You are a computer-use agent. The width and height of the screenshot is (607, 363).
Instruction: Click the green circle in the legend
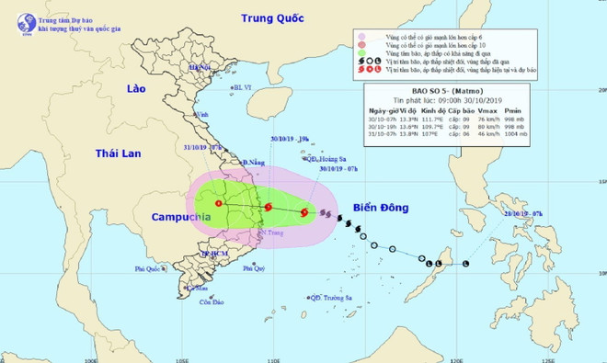click(x=361, y=53)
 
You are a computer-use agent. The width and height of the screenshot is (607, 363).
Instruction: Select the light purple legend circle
click(x=361, y=36)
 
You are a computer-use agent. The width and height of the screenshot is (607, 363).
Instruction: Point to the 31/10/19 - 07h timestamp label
click(x=203, y=146)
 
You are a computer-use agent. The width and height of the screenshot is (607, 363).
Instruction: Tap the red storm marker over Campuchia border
click(x=219, y=204)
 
